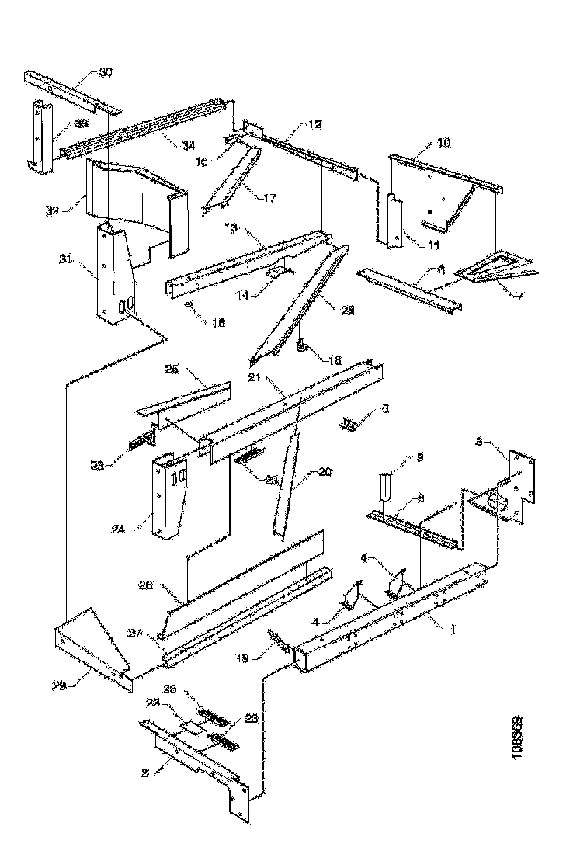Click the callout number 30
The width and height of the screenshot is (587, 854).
106,73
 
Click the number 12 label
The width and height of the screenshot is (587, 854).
293,125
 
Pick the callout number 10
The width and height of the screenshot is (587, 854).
443,144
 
